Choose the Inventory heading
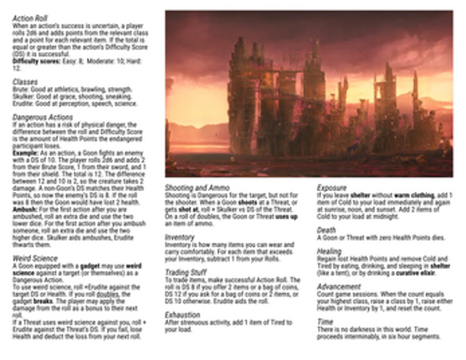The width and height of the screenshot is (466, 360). point(179,236)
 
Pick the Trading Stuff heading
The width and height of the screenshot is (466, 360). point(186,274)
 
